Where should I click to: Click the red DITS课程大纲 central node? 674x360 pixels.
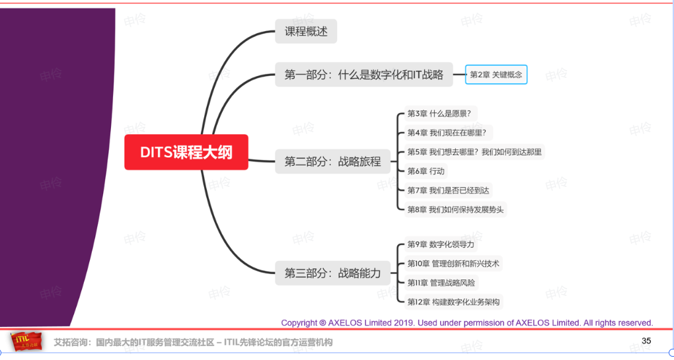[x=186, y=152]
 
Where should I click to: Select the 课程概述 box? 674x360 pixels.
[x=306, y=31]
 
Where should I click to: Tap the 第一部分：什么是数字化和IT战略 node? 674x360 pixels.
[x=363, y=75]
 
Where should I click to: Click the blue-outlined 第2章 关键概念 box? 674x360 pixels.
[x=496, y=75]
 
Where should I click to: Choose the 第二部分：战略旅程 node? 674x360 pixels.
[x=332, y=162]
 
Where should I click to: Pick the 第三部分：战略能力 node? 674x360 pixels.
[x=332, y=273]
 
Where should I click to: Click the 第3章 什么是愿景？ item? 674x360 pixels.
[x=440, y=114]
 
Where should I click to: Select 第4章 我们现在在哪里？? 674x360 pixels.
[x=448, y=133]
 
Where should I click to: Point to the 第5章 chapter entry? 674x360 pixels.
[x=474, y=152]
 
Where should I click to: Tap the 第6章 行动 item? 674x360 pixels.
[x=426, y=171]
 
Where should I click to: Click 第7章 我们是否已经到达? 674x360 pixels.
[x=448, y=190]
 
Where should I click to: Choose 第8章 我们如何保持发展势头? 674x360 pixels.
[x=455, y=209]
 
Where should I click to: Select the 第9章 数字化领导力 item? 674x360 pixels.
[x=441, y=244]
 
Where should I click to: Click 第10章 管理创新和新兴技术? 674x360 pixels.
[x=453, y=264]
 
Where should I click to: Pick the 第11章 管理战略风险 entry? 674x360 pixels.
[x=441, y=283]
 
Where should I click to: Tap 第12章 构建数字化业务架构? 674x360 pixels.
[x=453, y=302]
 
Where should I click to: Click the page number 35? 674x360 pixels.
[x=646, y=341]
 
